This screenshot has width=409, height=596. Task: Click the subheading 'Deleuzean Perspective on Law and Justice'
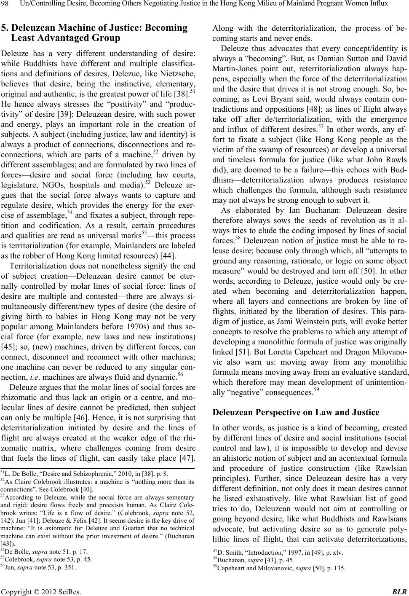(296, 413)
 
